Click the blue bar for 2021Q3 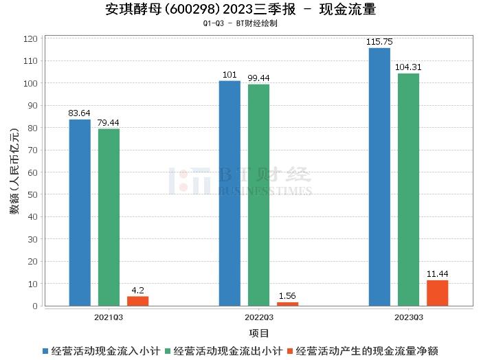point(80,212)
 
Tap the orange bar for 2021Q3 point(137,301)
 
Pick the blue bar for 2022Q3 point(230,193)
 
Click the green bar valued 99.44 point(258,195)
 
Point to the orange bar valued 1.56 point(287,304)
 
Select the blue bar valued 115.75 point(379,177)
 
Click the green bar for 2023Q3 point(408,190)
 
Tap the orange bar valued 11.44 point(437,293)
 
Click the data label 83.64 point(80,113)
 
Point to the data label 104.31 point(408,67)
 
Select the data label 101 point(230,75)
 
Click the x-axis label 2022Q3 point(258,317)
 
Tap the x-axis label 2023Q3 point(408,317)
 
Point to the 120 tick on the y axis point(30,39)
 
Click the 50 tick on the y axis point(32,194)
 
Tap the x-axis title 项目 point(258,333)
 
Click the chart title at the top point(240,10)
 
